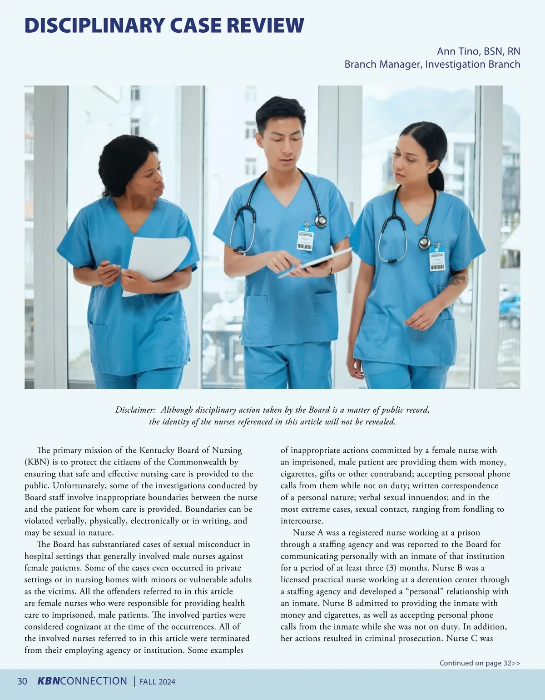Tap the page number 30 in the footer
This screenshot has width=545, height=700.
22,681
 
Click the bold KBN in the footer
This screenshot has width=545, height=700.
48,681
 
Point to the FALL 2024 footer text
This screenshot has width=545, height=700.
157,682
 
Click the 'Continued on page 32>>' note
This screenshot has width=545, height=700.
480,663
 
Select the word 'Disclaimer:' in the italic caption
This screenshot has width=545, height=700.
135,410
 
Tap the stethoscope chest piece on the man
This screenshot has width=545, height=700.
321,221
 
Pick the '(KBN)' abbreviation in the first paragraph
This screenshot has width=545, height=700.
38,462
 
